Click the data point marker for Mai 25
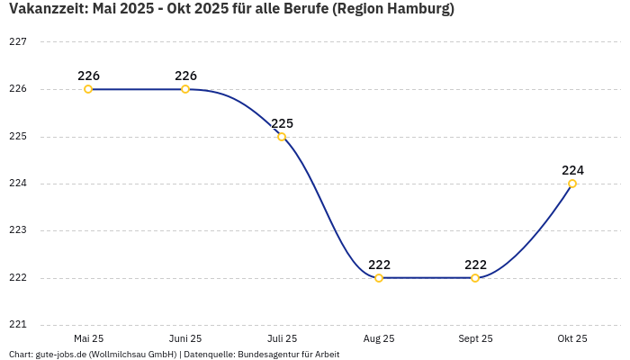(88, 89)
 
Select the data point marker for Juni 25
(185, 89)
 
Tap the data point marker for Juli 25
(282, 137)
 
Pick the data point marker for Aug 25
(379, 278)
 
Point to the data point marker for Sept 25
(475, 278)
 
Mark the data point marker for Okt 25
(572, 184)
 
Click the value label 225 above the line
(283, 123)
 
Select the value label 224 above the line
(572, 170)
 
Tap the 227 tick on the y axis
(18, 42)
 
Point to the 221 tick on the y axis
(18, 325)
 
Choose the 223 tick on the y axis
(18, 230)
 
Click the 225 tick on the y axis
(18, 137)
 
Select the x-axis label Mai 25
(88, 339)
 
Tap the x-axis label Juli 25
(282, 339)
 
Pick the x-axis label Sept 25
(475, 339)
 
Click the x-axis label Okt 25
(572, 339)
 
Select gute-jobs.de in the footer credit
(64, 355)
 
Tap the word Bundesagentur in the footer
(266, 355)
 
